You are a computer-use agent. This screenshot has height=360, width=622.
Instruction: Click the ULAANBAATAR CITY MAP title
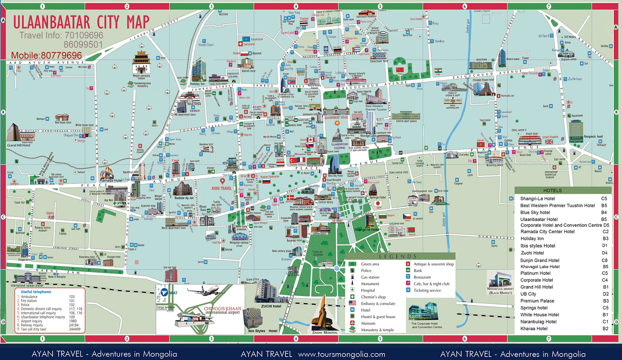coord(81,22)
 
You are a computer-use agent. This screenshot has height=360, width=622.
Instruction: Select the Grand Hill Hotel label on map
coord(18,145)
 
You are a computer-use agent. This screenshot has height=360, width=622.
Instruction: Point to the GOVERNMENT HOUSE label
coord(336,117)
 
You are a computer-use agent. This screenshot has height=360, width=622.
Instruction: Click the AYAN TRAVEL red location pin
coord(222,181)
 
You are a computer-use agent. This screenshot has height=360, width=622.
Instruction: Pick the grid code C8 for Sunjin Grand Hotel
coord(604,260)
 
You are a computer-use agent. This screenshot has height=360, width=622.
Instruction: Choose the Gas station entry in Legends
coord(370,277)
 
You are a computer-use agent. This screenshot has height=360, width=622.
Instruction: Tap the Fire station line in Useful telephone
coord(29,301)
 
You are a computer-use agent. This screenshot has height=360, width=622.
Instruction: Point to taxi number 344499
coord(75,329)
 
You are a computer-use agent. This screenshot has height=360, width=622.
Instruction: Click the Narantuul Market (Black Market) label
coord(500,290)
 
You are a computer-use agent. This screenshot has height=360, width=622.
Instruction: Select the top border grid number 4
coord(296,6)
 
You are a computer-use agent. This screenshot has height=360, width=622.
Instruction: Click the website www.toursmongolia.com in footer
coord(341,354)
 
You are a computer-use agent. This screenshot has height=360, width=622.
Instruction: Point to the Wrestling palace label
coord(494,165)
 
